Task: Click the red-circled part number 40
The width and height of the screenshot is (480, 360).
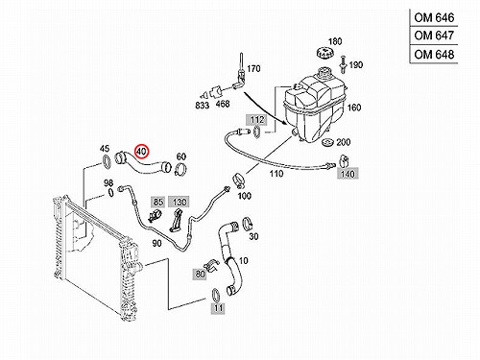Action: (141, 152)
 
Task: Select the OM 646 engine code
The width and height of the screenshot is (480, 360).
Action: (434, 17)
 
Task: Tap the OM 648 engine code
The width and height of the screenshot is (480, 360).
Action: (434, 55)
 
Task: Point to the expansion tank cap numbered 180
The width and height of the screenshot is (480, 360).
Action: (325, 53)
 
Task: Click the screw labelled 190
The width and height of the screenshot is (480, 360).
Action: (343, 64)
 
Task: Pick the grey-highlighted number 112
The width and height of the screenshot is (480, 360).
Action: (257, 120)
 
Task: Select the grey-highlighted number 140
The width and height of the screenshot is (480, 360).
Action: (348, 174)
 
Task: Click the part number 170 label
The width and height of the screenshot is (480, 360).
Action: (253, 68)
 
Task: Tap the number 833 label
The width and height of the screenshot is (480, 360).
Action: (203, 106)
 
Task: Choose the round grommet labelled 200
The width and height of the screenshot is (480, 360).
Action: (327, 143)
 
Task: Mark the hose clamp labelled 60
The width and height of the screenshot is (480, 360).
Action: (181, 169)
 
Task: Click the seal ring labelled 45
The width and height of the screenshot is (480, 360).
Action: (107, 161)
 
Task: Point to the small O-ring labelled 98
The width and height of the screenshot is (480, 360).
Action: (110, 192)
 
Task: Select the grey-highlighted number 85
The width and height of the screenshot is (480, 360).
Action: (158, 202)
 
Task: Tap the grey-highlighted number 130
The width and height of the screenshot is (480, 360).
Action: (180, 202)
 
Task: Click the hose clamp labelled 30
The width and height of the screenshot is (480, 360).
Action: (248, 224)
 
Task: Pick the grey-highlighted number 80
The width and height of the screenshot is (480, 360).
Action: (200, 275)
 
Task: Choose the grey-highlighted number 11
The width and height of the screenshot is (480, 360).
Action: (219, 308)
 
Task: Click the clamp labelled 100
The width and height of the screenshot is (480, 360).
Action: (238, 179)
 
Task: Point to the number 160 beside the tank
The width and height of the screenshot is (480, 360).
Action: (354, 108)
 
